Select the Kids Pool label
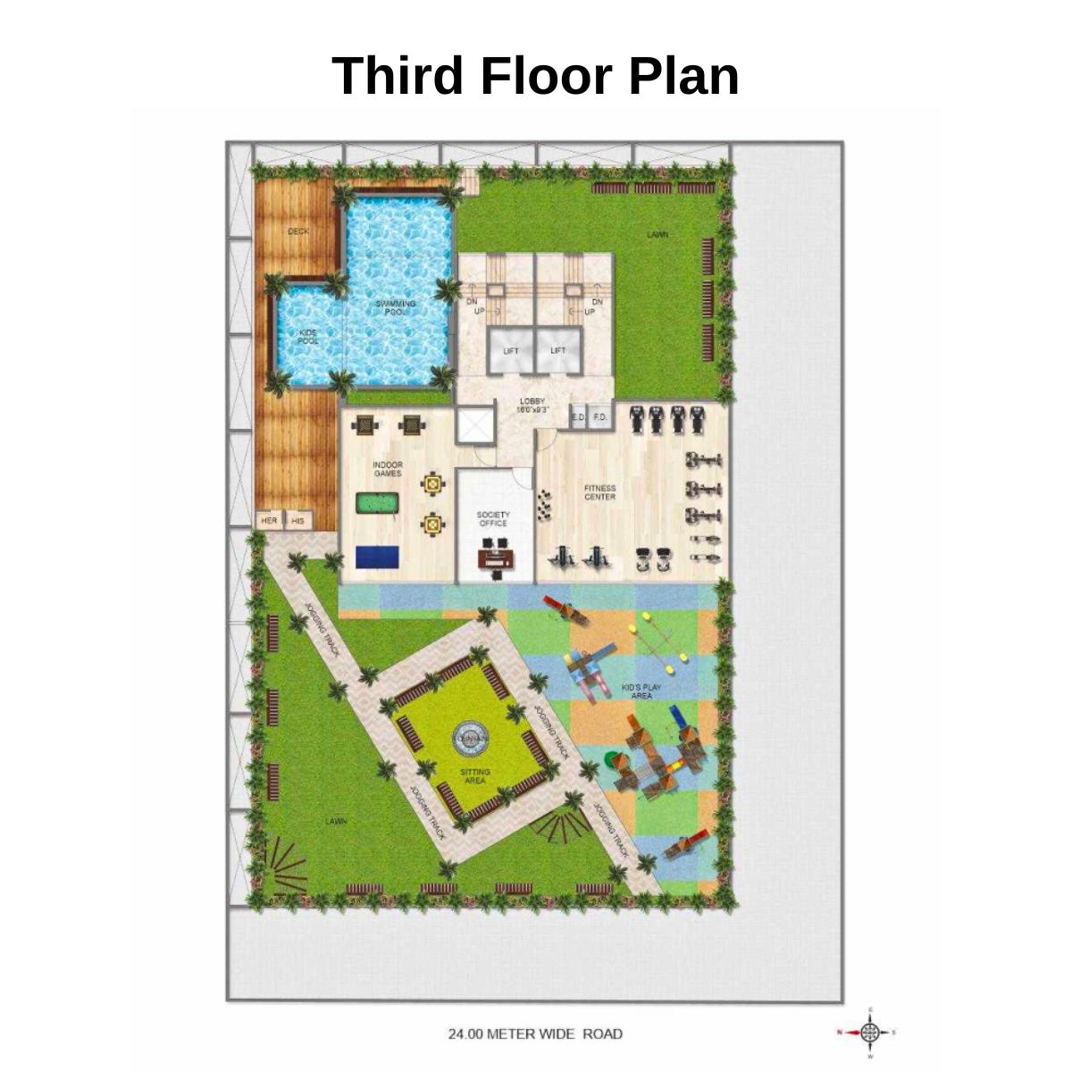(306, 336)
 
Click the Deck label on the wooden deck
(298, 231)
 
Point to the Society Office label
(493, 519)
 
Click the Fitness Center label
(600, 492)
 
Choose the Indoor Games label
(388, 469)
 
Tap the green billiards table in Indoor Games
(378, 504)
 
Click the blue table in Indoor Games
(379, 557)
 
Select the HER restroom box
(269, 520)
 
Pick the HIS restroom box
(298, 520)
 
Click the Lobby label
(532, 405)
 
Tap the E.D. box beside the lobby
(578, 417)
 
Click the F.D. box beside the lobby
(600, 417)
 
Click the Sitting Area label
(474, 775)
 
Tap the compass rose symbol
(868, 1033)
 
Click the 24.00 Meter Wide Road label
(535, 1034)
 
